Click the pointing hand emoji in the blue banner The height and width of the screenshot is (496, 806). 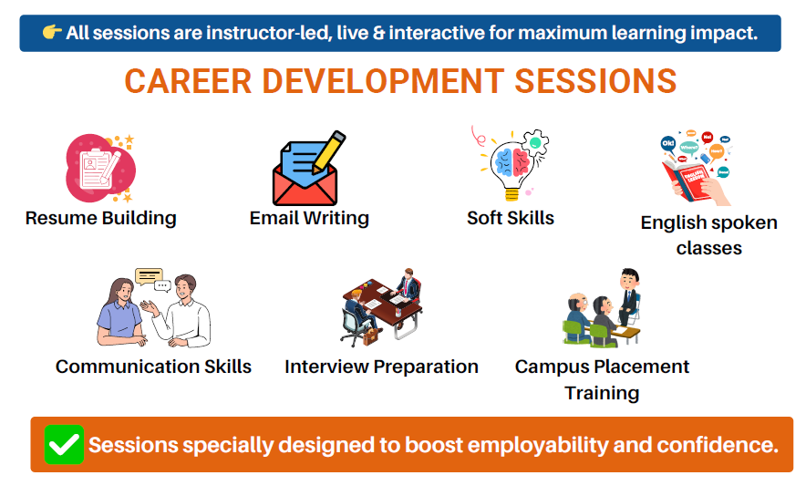tap(52, 33)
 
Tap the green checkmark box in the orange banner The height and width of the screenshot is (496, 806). tap(64, 445)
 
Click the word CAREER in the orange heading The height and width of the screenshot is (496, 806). tap(188, 81)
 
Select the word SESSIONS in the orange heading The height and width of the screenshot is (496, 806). tap(595, 81)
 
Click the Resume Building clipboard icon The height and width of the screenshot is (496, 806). tap(100, 168)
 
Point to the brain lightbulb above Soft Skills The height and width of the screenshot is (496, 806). tap(512, 166)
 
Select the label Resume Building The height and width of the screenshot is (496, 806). tap(100, 218)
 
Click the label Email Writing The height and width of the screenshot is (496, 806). tap(309, 218)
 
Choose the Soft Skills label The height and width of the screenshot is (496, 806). tap(511, 218)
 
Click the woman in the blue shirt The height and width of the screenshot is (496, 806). tap(120, 312)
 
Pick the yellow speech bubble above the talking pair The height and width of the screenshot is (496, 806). tap(149, 276)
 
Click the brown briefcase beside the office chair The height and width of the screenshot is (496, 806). tap(370, 336)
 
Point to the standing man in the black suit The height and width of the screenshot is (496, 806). tap(628, 295)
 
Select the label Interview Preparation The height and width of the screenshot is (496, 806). tap(381, 367)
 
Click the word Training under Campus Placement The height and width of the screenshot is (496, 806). tap(602, 393)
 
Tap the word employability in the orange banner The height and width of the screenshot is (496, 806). tap(538, 445)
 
